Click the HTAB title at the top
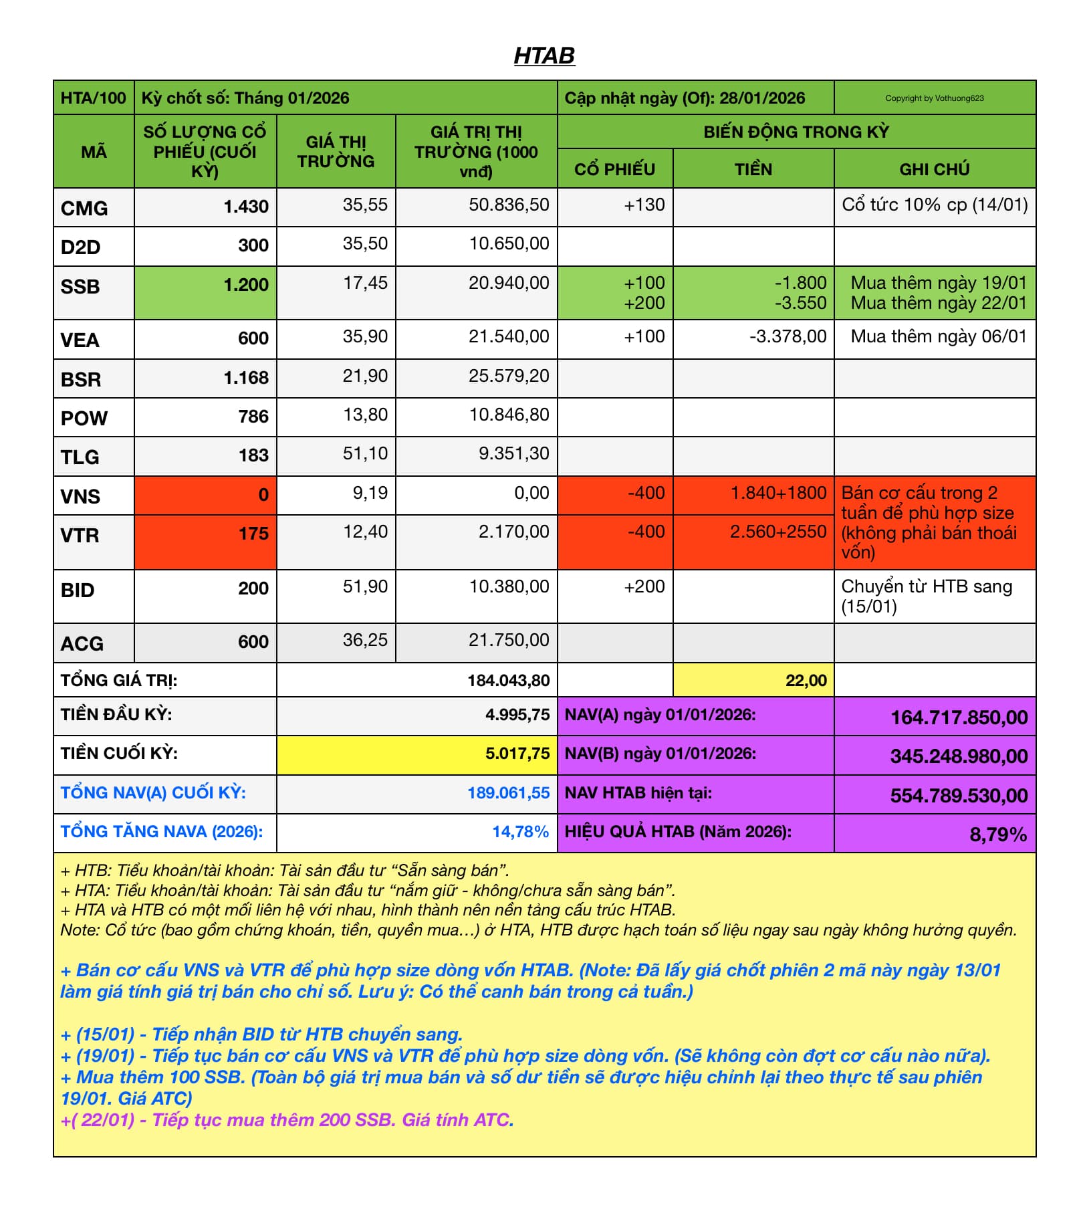tap(544, 56)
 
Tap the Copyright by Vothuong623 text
tap(934, 98)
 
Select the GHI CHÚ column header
tap(934, 169)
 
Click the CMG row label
tap(84, 208)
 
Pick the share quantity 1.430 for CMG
tap(246, 207)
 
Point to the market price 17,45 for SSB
tap(365, 283)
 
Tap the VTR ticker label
tap(80, 535)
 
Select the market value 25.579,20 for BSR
tap(509, 376)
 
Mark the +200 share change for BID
tap(644, 586)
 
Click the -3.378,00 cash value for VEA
tap(788, 336)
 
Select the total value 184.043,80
tap(508, 681)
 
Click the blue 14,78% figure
tap(520, 832)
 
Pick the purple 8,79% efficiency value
tap(997, 835)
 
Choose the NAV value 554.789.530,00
tap(959, 796)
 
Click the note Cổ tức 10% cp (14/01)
tap(934, 205)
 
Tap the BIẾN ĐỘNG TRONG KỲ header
tap(796, 132)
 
